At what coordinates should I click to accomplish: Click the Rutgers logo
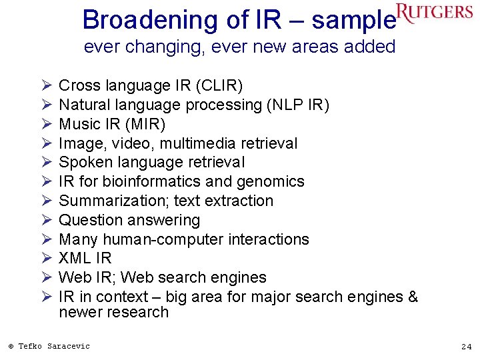(434, 13)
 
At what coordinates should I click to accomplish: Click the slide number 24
(465, 346)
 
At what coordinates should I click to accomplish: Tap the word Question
(88, 220)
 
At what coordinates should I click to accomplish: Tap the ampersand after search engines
(411, 297)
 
